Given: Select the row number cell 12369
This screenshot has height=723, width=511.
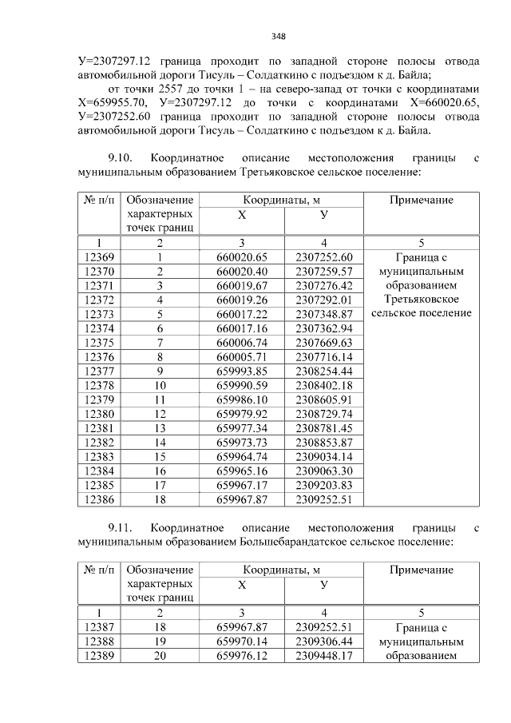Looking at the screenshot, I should [99, 257].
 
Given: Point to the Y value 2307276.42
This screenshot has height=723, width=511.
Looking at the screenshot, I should [323, 285].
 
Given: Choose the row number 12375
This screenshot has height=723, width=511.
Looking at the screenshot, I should [99, 341].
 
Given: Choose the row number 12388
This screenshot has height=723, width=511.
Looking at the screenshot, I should [99, 642].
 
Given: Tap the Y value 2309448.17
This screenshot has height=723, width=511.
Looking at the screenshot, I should [323, 655].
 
